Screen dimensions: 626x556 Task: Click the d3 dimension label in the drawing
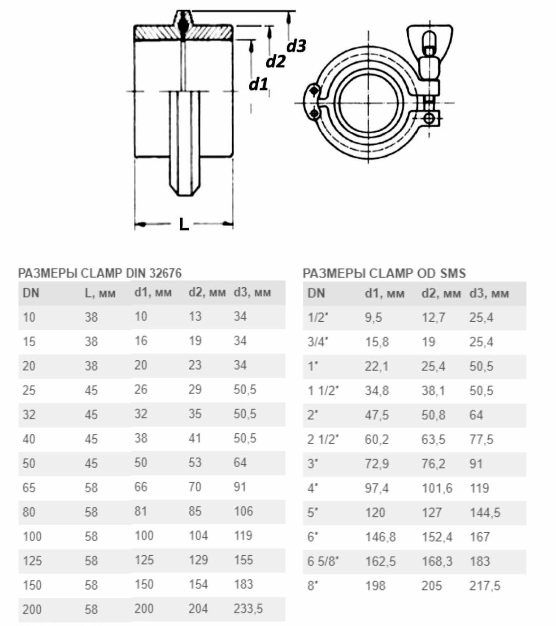click(x=296, y=46)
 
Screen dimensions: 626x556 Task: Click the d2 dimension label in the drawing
click(x=275, y=61)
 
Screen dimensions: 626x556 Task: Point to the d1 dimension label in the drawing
click(x=258, y=84)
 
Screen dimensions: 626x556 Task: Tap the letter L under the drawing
click(x=184, y=224)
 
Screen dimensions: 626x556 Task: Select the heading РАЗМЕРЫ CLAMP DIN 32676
click(x=100, y=273)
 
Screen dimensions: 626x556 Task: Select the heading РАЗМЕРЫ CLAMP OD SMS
click(x=384, y=273)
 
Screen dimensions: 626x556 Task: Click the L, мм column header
click(x=100, y=293)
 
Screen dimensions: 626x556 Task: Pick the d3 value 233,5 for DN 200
click(x=248, y=609)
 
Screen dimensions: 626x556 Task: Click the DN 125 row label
click(x=32, y=561)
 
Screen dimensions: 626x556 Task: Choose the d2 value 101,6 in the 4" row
click(x=437, y=488)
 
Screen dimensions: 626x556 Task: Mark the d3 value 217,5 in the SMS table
click(x=485, y=586)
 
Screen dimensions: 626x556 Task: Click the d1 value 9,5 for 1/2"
click(x=373, y=318)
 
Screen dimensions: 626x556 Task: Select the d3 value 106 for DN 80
click(x=243, y=511)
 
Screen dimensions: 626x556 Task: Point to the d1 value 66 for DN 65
click(x=141, y=487)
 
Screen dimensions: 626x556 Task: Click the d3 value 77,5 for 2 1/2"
click(x=481, y=439)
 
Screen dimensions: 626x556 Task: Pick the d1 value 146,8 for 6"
click(x=380, y=537)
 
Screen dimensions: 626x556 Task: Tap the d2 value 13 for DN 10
click(x=195, y=317)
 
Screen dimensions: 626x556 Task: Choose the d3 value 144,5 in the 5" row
click(x=485, y=512)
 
